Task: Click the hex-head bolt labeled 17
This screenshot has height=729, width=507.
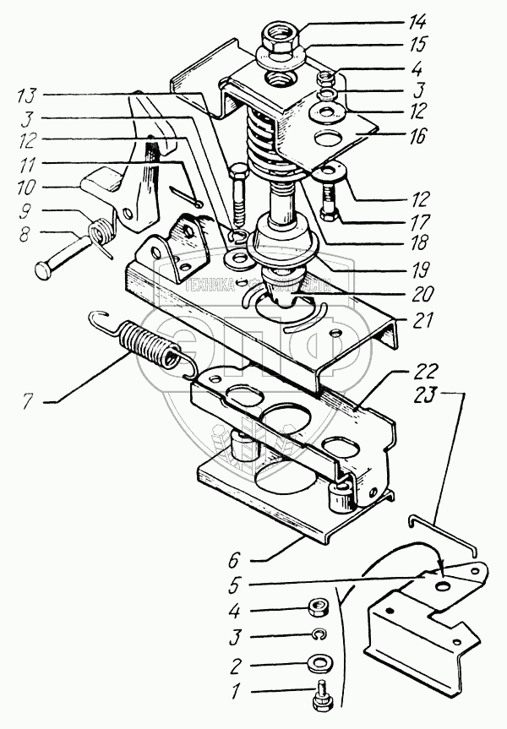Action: pyautogui.click(x=328, y=204)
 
